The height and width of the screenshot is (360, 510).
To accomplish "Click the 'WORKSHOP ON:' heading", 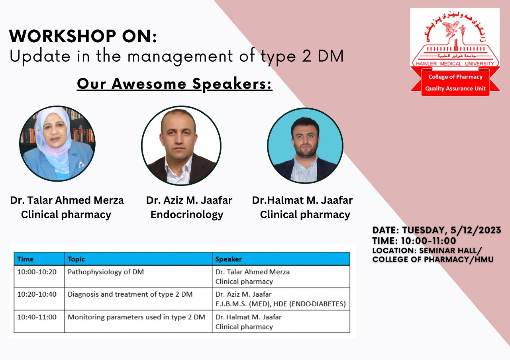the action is point(83,36).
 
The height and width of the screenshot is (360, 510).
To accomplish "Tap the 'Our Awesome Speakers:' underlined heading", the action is point(175,84).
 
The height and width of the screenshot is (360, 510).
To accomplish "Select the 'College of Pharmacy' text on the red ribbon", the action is point(455,77).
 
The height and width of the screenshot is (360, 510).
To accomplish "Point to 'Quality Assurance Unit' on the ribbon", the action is point(455,88).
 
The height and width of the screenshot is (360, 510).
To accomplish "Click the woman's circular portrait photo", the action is point(57,144).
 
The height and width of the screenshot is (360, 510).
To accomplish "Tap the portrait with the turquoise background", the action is point(305,146).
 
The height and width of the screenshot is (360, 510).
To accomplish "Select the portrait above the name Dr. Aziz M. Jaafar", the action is point(181,146).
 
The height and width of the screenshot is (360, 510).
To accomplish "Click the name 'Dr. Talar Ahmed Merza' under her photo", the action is point(67,200).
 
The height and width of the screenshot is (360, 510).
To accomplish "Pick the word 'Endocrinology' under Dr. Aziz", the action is point(187,215).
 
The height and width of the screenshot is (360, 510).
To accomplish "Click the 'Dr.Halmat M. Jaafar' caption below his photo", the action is point(302,200).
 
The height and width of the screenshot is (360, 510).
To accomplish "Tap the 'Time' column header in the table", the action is point(25,259).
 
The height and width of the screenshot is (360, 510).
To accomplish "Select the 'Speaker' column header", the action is point(229,259).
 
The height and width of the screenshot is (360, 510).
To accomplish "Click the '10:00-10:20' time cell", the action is point(37,272).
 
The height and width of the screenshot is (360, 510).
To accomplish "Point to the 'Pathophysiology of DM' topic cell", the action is point(106,272).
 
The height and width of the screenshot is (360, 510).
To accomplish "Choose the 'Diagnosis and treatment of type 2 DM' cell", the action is point(130,294).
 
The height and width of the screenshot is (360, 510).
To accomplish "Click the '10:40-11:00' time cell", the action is point(37,317).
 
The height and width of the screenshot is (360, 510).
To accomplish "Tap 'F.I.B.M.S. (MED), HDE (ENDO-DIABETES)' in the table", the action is point(280,304).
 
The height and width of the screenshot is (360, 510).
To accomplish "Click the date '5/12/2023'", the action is point(476,230).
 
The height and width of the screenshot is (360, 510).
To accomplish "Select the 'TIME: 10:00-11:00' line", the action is point(414,241).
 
